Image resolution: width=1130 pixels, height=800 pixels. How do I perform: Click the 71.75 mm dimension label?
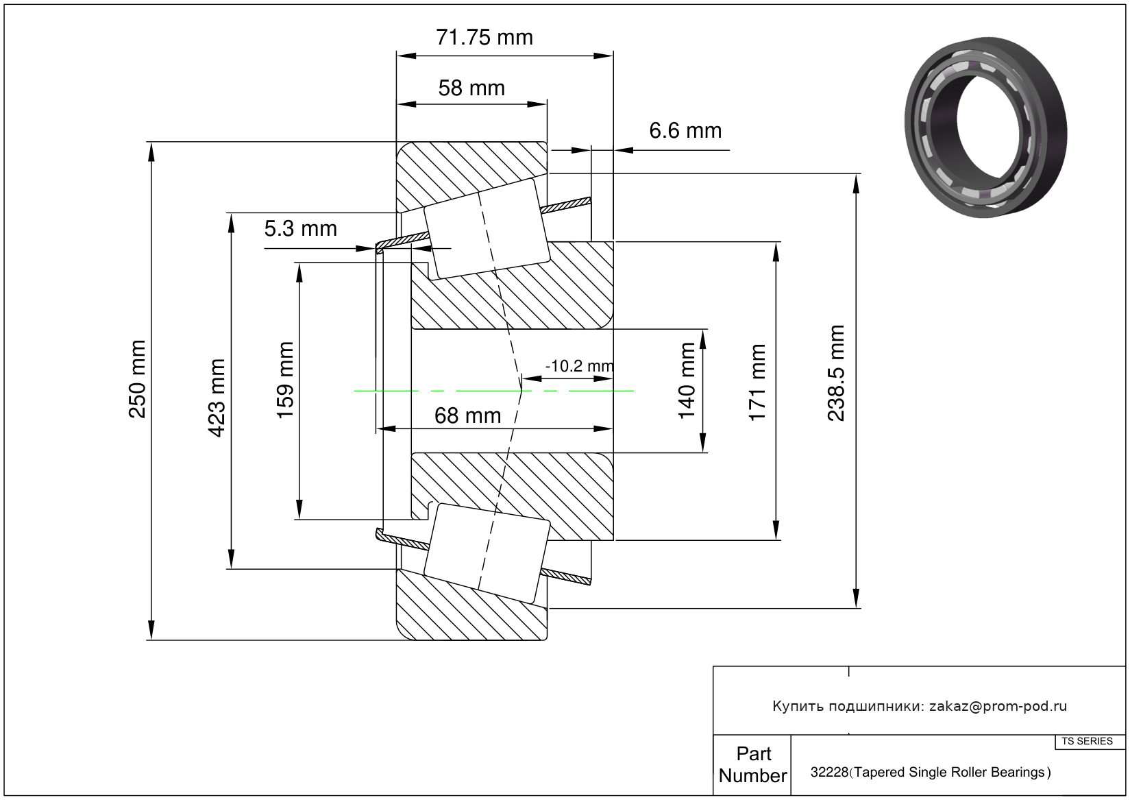coord(484,37)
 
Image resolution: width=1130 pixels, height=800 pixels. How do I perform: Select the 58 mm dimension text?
coord(471,88)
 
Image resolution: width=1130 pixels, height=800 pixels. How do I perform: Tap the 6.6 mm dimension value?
coord(685,130)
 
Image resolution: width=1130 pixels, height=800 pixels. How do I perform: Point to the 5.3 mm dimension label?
coord(301,228)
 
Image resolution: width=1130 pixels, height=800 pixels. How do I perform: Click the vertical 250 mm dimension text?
coord(137,378)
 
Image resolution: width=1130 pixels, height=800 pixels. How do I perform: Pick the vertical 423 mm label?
coord(217,398)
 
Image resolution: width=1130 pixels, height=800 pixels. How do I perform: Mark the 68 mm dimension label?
coord(467,415)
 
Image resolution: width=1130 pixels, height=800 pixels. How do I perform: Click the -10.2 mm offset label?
coord(579,366)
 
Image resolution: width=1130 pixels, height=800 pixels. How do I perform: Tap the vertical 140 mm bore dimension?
coord(687,380)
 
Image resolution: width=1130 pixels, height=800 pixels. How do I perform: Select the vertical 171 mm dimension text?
coord(757,383)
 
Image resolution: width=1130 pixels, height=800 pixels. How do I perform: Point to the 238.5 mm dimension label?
coord(837,374)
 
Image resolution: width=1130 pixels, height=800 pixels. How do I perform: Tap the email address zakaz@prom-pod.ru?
coord(998,706)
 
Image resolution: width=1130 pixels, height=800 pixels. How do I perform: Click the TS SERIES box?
coord(1088,741)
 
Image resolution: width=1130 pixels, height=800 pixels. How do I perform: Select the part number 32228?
coord(829,773)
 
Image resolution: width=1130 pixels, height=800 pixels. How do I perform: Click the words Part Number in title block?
coord(752,764)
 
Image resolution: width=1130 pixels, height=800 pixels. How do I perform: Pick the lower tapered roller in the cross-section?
coord(487,553)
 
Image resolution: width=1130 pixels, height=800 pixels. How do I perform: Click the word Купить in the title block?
coord(798,706)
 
